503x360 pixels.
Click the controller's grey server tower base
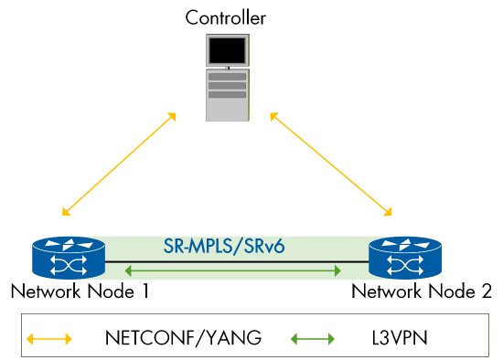coord(226,96)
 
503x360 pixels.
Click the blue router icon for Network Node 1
coord(68,259)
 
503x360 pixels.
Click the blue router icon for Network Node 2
coord(403,259)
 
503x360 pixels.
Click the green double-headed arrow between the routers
coord(234,270)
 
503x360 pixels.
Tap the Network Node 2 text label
coord(422,291)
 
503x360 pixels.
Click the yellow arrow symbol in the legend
coord(49,338)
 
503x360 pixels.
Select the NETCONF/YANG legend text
coord(183,338)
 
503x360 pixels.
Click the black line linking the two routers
coord(234,261)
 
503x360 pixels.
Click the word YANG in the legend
coord(230,338)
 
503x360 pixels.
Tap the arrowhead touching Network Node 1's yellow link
coord(63,213)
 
